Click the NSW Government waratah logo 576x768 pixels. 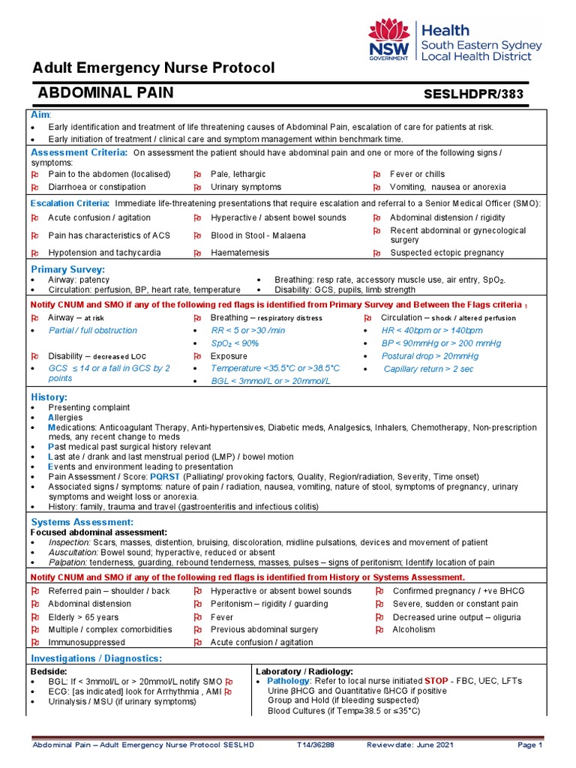[x=388, y=40]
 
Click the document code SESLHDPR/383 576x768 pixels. [x=474, y=94]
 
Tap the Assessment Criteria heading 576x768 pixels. [x=79, y=152]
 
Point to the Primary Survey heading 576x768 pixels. [x=67, y=268]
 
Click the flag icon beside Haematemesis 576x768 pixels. [x=197, y=253]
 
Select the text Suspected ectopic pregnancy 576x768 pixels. [x=447, y=253]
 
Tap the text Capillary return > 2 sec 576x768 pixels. [x=428, y=369]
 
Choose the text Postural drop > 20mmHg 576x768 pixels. [x=430, y=356]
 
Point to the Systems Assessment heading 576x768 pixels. [x=82, y=521]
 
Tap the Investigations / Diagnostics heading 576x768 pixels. [x=96, y=658]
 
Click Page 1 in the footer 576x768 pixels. [x=529, y=745]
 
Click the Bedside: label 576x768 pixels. [x=49, y=670]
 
